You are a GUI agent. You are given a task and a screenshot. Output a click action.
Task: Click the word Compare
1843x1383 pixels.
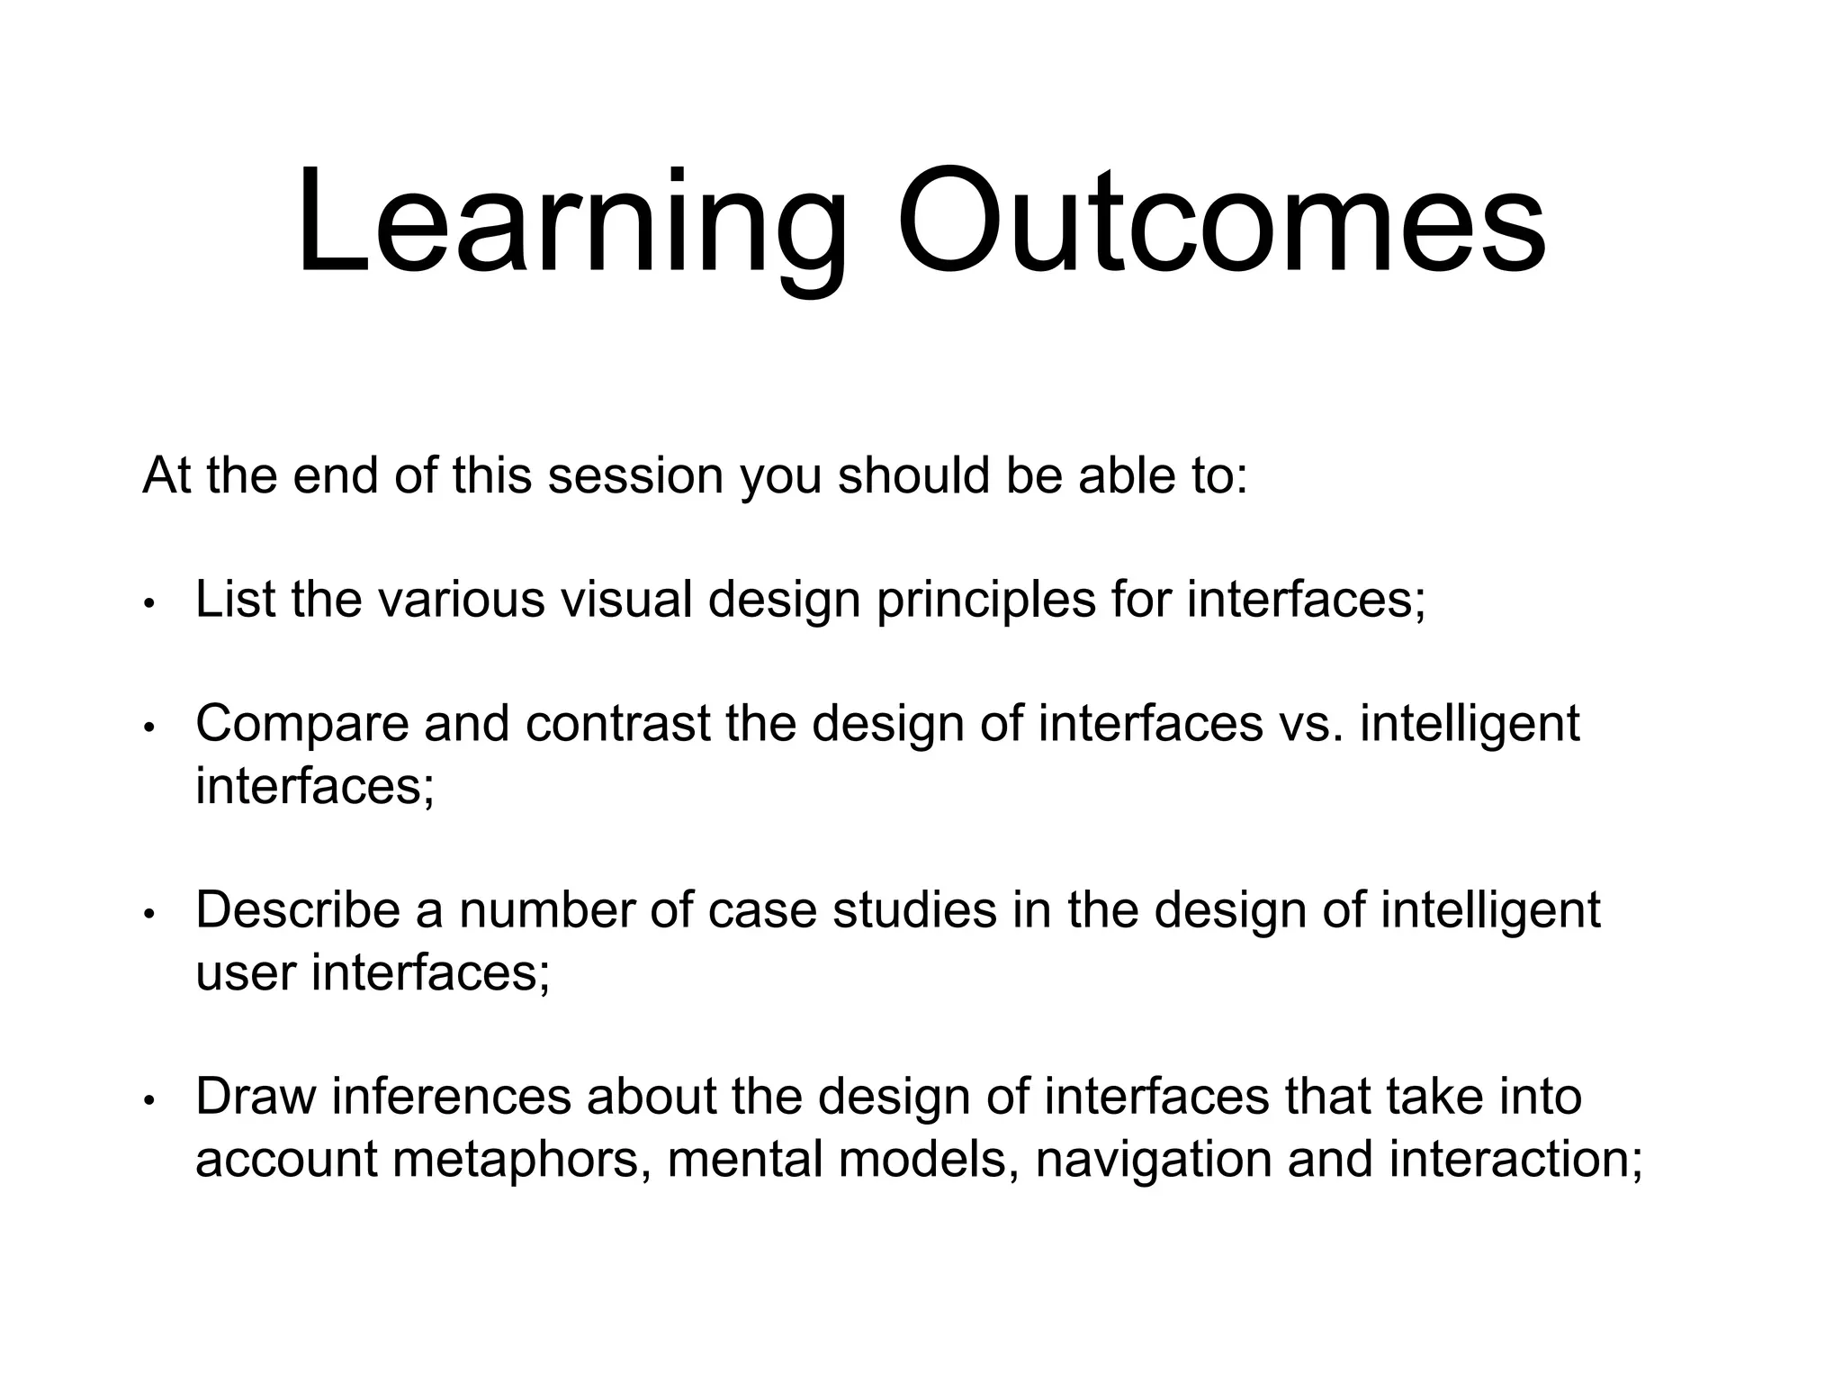[x=302, y=724]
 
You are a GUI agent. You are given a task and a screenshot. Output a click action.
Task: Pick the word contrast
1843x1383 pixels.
[x=618, y=724]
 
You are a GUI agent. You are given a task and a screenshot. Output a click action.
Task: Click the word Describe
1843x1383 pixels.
[x=297, y=909]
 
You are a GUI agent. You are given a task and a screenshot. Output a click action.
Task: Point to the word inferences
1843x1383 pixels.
[x=452, y=1097]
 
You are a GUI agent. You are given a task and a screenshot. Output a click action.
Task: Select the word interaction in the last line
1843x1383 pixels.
[x=1515, y=1159]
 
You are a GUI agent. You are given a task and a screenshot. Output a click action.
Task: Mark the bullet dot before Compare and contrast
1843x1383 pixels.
[x=150, y=727]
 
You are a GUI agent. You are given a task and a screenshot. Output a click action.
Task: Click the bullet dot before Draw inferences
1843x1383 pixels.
[x=150, y=1099]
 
